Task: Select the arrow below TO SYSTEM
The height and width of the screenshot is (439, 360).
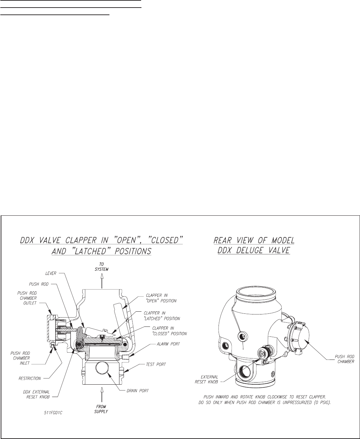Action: click(x=102, y=282)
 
